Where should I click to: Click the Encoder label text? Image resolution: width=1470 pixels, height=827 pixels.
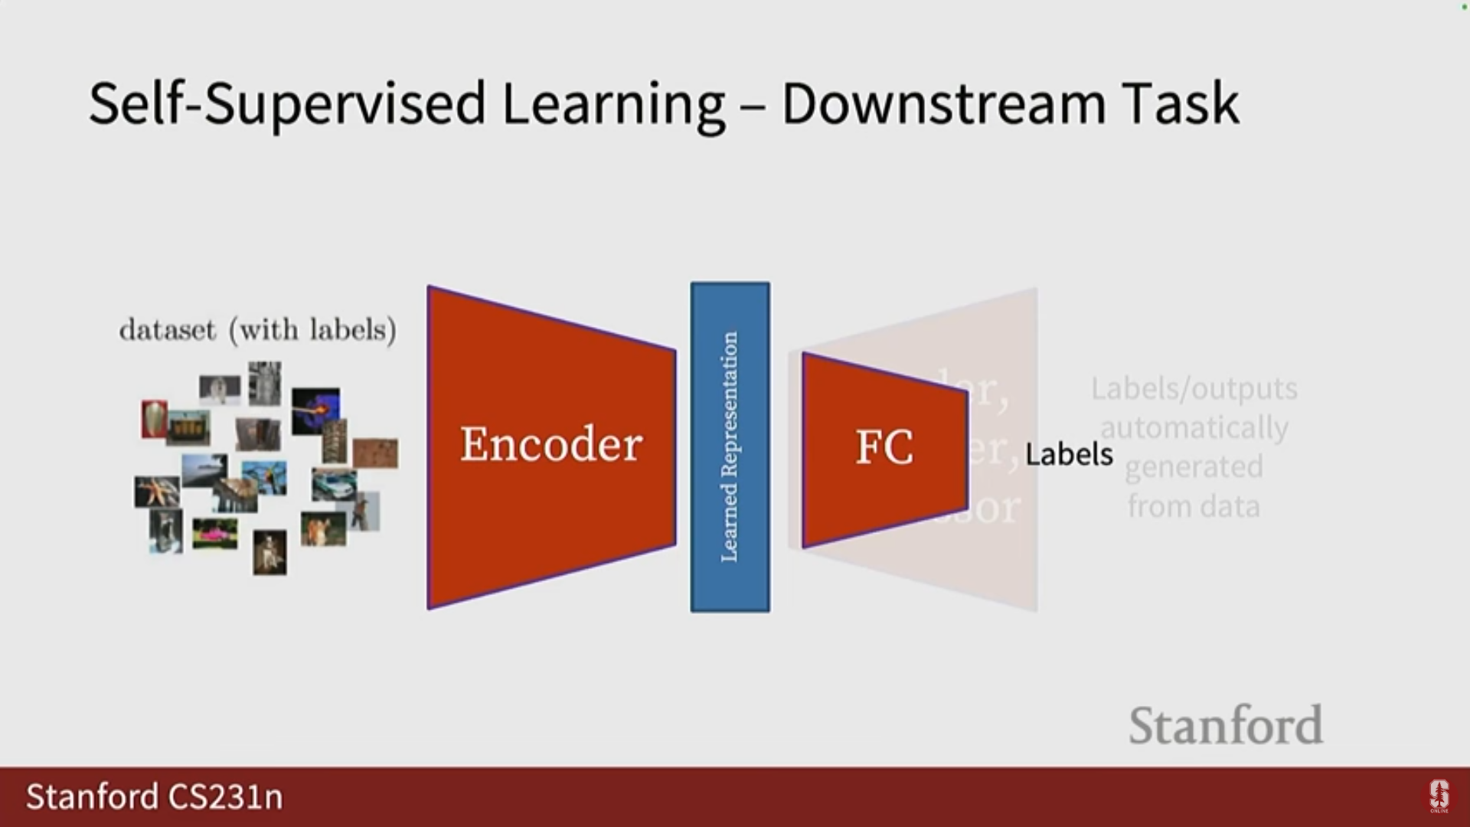click(x=551, y=444)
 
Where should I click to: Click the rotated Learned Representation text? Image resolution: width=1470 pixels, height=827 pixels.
click(x=730, y=447)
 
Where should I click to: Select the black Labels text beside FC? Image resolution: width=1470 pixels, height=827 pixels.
click(x=1069, y=454)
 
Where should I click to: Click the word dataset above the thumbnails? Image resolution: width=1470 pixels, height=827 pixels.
click(x=168, y=330)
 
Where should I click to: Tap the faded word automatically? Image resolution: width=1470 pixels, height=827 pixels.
click(x=1194, y=427)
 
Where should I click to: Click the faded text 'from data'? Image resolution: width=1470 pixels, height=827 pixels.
click(x=1194, y=506)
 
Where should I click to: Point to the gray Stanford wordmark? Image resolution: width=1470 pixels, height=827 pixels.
click(x=1225, y=725)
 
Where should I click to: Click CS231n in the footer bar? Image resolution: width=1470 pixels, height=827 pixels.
click(x=225, y=796)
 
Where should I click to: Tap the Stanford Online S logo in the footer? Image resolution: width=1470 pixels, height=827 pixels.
click(x=1439, y=796)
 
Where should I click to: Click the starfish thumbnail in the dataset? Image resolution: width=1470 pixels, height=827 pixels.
click(x=157, y=492)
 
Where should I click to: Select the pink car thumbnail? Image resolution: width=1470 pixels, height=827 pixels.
click(x=214, y=534)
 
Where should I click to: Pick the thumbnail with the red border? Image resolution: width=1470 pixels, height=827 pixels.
click(x=154, y=419)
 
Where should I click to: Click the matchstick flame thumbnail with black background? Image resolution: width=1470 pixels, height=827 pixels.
click(x=315, y=410)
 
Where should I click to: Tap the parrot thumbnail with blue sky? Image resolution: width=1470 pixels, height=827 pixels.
click(x=264, y=477)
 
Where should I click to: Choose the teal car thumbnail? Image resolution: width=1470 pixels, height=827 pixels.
click(x=333, y=485)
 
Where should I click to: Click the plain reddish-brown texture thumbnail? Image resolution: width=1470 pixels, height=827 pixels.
click(x=375, y=453)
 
